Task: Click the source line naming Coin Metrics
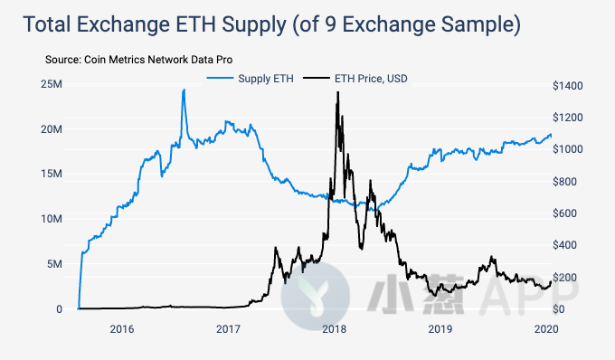coord(138,59)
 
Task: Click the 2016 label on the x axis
coord(122,328)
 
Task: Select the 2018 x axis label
coord(334,328)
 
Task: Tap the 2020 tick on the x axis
coord(545,328)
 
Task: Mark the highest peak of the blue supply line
coord(184,90)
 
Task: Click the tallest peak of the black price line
coord(337,92)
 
